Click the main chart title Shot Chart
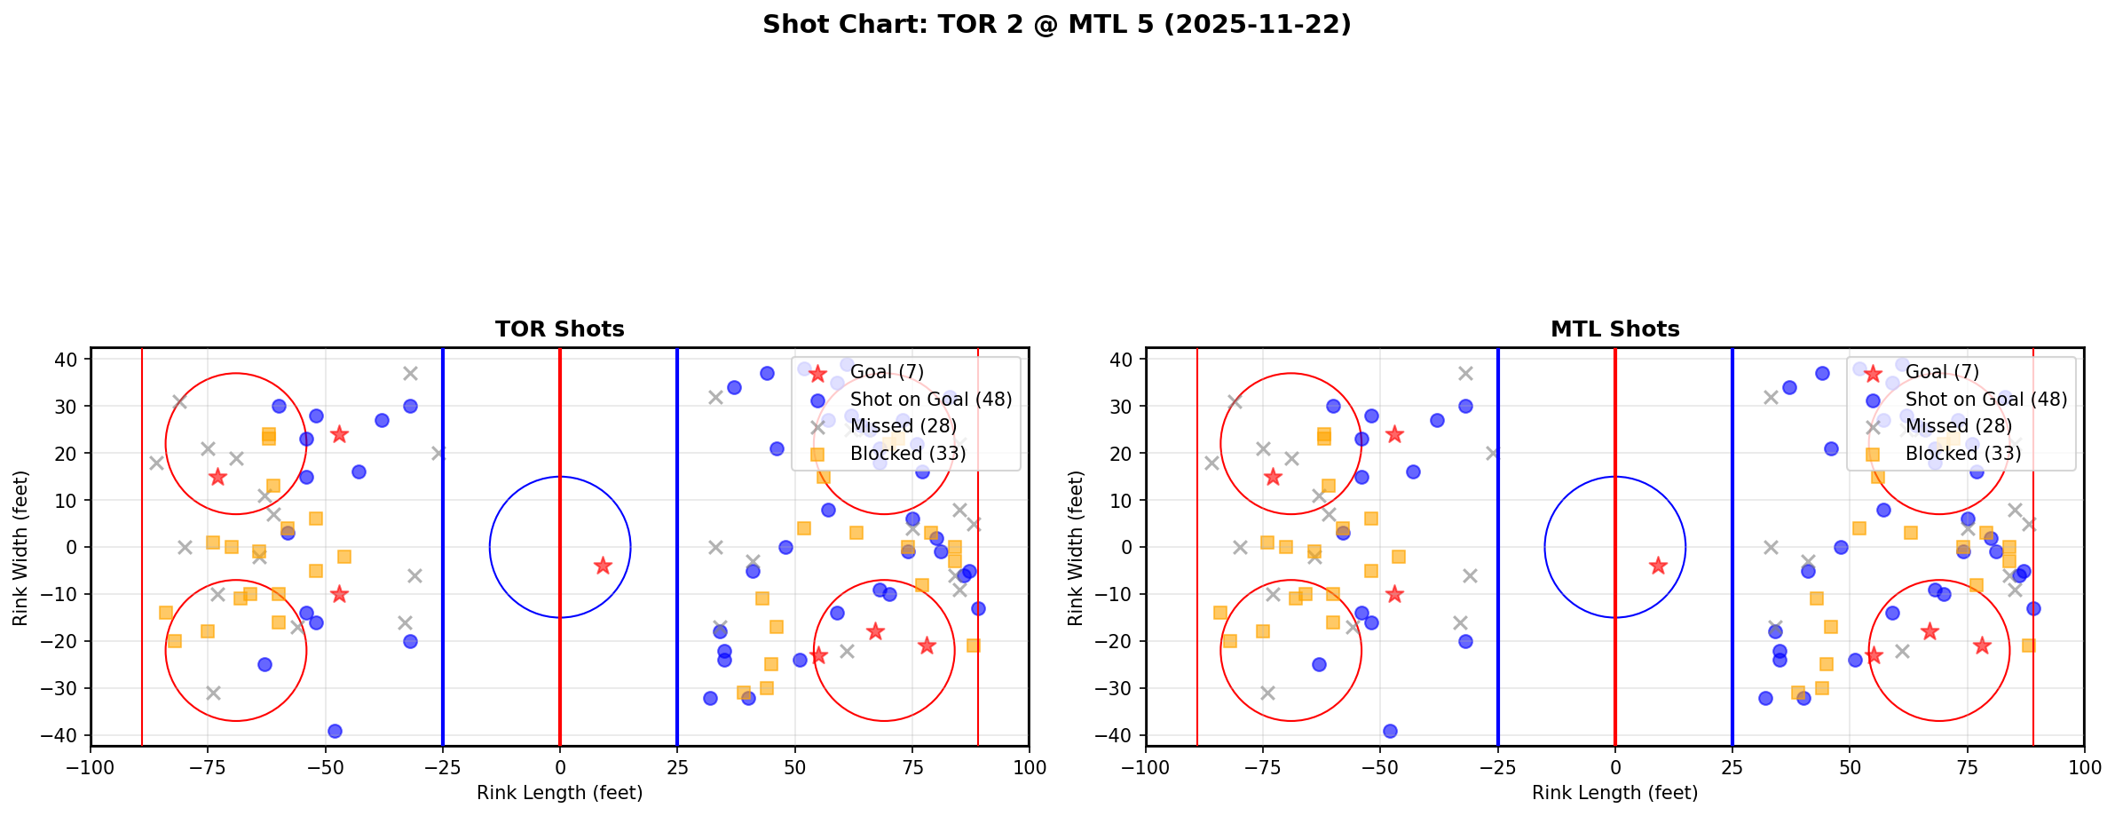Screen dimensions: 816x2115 1056,24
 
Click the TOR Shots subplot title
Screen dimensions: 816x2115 559,329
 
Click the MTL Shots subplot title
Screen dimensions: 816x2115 1614,329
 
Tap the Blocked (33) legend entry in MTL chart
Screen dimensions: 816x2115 1962,454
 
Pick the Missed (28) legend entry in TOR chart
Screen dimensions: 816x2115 903,426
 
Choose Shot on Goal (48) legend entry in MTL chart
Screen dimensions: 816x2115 1985,400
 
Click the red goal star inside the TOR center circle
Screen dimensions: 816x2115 603,566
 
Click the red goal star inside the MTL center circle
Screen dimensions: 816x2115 1657,566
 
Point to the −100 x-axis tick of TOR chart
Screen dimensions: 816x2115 91,767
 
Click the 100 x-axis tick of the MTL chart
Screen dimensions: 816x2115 2083,767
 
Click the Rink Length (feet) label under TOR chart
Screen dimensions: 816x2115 559,793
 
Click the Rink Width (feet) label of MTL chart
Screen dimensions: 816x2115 1076,547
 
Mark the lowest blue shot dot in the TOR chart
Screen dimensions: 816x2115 335,731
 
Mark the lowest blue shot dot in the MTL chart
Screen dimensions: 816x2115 1390,731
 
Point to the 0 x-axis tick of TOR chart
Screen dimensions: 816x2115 560,767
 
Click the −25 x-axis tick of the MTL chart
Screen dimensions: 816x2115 1497,767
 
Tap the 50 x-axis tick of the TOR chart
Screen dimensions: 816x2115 794,767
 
